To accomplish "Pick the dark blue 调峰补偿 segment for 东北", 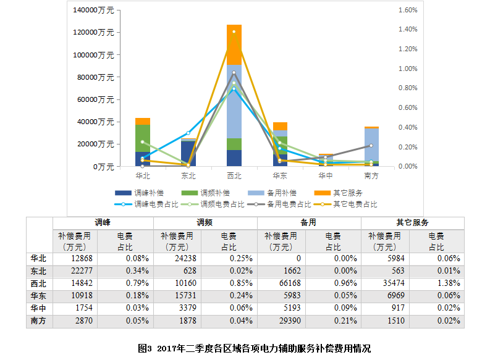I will point(188,154).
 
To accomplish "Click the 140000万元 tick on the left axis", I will point(93,10).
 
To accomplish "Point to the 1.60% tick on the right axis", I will point(408,10).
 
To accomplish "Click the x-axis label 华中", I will point(326,176).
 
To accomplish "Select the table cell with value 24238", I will point(184,259).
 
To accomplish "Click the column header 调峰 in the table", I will point(103,222).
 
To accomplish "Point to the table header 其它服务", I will point(412,222).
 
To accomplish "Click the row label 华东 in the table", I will point(38,296).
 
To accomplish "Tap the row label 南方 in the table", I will point(38,321).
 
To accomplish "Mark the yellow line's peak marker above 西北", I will point(234,31).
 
